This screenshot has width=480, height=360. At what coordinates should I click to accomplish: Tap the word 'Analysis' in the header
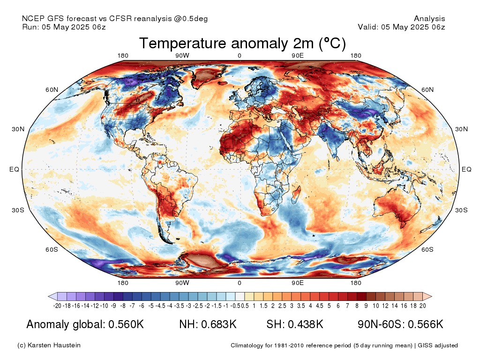[429, 19]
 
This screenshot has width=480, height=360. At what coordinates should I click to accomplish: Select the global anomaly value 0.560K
[126, 324]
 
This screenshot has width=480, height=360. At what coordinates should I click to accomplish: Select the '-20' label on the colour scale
[58, 306]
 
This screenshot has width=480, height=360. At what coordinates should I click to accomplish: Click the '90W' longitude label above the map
[182, 56]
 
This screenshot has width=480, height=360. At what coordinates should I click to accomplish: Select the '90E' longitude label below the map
[298, 283]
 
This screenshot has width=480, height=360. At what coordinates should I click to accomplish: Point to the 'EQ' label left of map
[14, 169]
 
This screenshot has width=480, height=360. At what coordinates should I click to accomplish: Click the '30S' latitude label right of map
[462, 210]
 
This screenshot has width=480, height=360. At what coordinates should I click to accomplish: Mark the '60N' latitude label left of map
[52, 90]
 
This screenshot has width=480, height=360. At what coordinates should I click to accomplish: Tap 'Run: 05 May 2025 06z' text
[64, 27]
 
